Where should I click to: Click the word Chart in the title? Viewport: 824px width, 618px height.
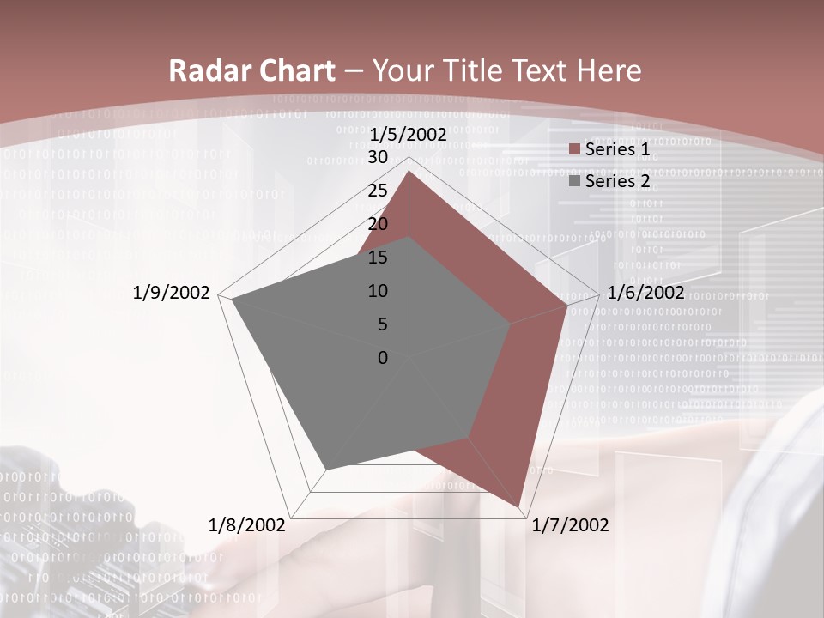point(293,71)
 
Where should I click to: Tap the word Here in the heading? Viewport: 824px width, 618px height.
point(609,71)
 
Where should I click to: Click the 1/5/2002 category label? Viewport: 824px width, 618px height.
point(408,135)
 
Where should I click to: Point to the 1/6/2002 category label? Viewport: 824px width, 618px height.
point(645,293)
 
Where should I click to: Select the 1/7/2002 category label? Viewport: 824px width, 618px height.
point(570,525)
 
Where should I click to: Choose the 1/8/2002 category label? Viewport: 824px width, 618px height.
point(247,525)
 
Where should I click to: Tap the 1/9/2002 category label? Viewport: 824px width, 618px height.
point(171,293)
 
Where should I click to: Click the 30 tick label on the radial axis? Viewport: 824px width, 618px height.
point(378,157)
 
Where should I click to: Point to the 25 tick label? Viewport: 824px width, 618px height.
point(378,191)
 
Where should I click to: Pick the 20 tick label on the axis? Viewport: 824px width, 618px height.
point(378,224)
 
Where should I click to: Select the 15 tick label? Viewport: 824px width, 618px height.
point(378,257)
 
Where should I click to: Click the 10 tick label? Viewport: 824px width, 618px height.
point(378,291)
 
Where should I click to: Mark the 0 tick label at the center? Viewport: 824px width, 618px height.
point(383,358)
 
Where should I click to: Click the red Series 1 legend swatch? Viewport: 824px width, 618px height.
point(574,150)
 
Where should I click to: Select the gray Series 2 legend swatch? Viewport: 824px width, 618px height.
point(574,181)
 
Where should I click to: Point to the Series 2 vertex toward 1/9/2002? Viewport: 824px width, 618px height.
point(232,300)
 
